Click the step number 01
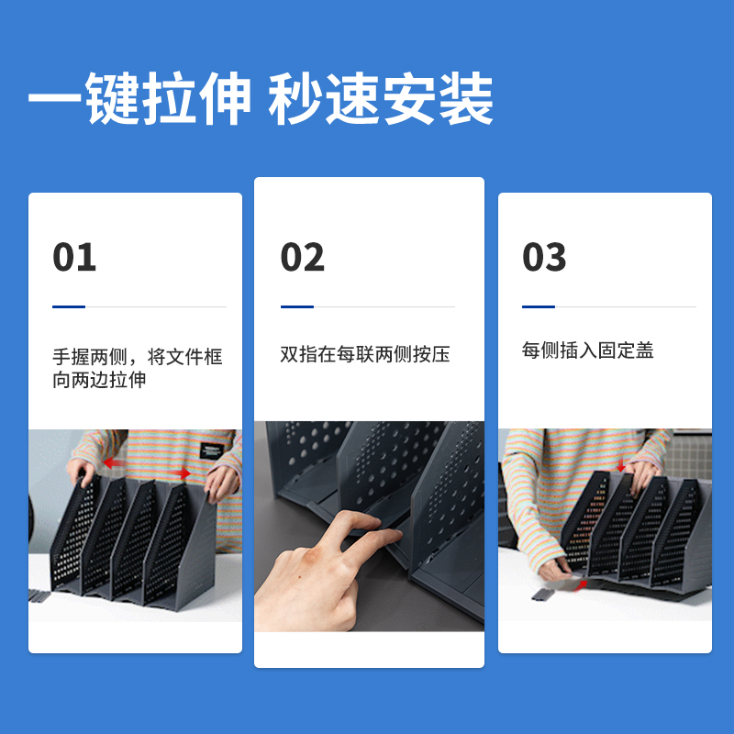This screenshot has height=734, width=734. click(x=74, y=257)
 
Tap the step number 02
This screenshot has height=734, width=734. click(x=303, y=257)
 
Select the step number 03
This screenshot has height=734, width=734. click(x=545, y=257)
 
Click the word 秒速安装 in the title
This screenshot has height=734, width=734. click(x=381, y=100)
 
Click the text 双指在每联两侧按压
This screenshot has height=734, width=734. click(x=365, y=354)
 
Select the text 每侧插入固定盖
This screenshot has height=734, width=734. click(x=588, y=350)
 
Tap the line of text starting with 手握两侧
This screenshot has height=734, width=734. click(x=138, y=356)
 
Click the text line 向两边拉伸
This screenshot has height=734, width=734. click(x=99, y=380)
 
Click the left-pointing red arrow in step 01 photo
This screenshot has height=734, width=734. click(x=114, y=462)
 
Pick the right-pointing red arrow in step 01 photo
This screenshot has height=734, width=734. click(x=180, y=473)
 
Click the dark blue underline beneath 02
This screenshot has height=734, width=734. click(x=297, y=306)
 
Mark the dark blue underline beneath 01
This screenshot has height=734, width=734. click(x=69, y=306)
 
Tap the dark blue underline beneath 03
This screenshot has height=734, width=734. click(x=539, y=306)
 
